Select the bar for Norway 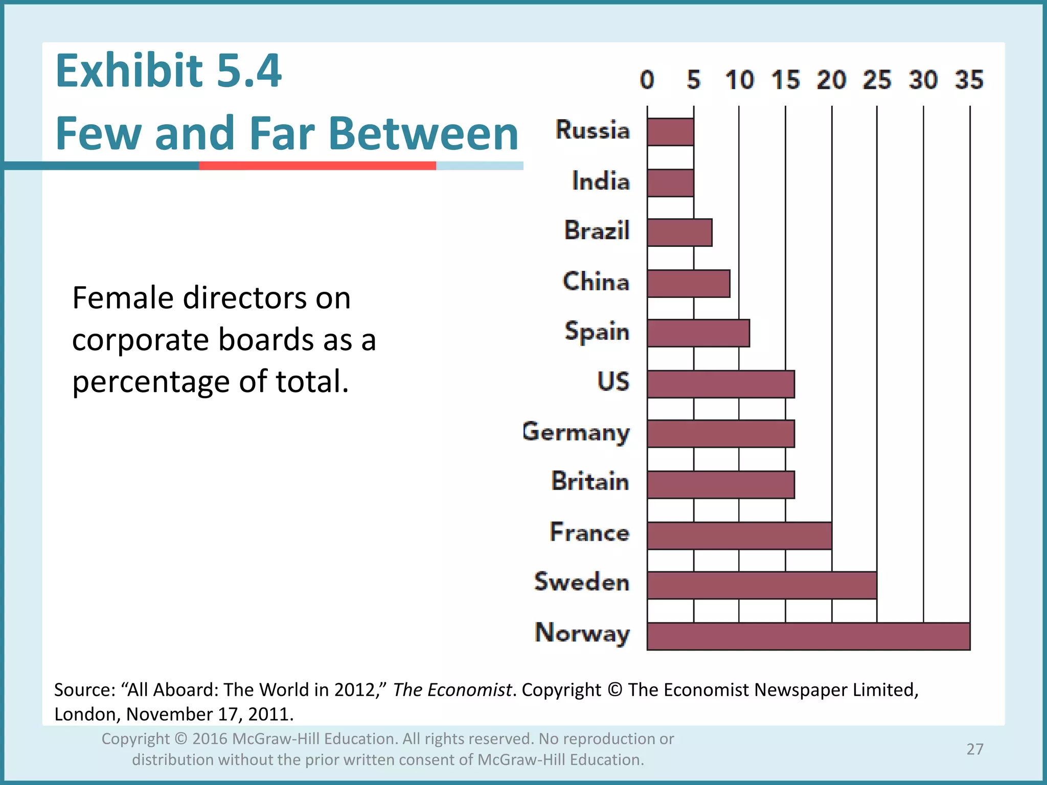808,636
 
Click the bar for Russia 670,132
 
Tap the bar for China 688,284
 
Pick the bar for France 739,536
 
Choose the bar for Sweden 762,585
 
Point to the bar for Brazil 679,233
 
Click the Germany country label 576,432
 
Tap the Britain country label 590,481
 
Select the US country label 613,382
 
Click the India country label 601,181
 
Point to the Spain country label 597,332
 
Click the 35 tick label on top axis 969,80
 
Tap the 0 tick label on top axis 647,80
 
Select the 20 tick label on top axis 831,80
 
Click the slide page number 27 975,749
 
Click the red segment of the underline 317,166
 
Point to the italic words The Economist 452,690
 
